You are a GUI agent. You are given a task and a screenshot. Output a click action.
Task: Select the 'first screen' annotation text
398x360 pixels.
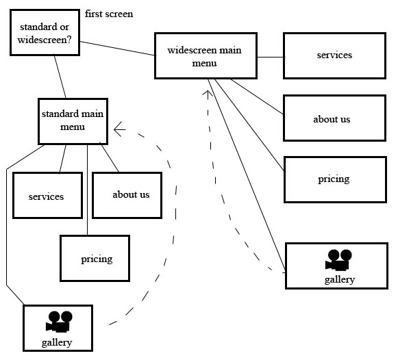click(x=109, y=14)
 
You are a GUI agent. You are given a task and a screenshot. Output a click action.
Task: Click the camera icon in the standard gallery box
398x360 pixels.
click(x=59, y=322)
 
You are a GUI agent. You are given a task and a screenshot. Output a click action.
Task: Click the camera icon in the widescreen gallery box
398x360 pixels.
click(x=338, y=260)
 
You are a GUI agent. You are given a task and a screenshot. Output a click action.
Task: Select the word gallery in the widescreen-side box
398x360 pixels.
click(x=340, y=280)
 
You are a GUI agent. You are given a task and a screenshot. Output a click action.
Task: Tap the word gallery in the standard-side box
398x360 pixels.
click(x=57, y=342)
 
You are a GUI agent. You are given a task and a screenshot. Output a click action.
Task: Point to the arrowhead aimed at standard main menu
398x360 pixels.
click(x=120, y=129)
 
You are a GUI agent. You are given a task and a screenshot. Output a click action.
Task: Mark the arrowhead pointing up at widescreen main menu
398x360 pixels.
click(x=208, y=94)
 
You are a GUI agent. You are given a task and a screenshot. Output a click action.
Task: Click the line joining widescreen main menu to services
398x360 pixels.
click(x=271, y=57)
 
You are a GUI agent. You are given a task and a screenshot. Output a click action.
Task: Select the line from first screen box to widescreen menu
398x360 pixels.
click(x=117, y=49)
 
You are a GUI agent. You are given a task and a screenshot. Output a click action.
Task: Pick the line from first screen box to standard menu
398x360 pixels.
click(x=60, y=77)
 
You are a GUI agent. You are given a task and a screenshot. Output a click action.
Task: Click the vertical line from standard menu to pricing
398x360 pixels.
click(x=87, y=190)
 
